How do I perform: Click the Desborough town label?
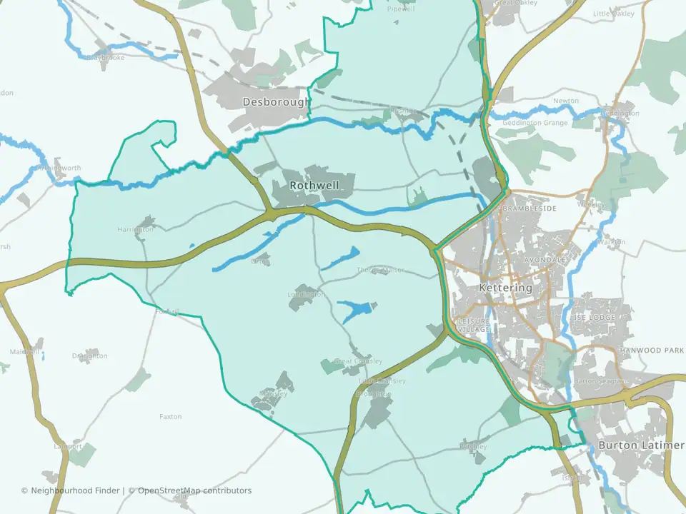(x=276, y=102)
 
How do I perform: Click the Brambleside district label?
(x=529, y=208)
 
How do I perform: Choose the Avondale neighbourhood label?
(x=545, y=260)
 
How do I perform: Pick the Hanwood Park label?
(x=651, y=351)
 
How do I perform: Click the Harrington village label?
(x=135, y=229)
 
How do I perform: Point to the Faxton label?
(x=171, y=416)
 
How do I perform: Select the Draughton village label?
(x=89, y=356)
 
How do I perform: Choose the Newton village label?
(x=566, y=101)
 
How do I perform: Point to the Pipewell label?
(x=400, y=9)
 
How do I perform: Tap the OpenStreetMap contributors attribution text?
(x=194, y=490)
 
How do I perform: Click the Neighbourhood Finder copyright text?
(x=72, y=490)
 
